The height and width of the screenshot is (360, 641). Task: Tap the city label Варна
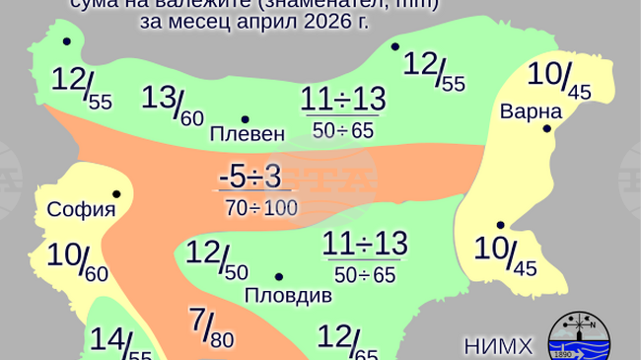[x=531, y=110]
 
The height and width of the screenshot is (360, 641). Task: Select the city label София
[x=82, y=209]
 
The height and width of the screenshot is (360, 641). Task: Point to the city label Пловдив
[x=280, y=296]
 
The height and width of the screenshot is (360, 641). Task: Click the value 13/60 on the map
[x=173, y=104]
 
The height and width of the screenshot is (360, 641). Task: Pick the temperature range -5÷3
[x=250, y=177]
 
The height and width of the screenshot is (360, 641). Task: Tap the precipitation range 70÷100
[x=261, y=207]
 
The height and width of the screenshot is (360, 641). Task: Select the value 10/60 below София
[x=77, y=260]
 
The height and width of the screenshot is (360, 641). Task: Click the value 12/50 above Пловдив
[x=216, y=257]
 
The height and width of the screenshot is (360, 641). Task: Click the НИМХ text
[x=498, y=345]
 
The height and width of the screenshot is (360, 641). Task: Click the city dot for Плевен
[x=245, y=119]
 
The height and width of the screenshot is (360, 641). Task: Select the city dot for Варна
[x=546, y=128]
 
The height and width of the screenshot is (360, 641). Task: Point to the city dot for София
[x=116, y=194]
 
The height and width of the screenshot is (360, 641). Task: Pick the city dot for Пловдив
[x=279, y=277]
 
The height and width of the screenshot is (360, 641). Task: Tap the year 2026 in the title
[x=328, y=21]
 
